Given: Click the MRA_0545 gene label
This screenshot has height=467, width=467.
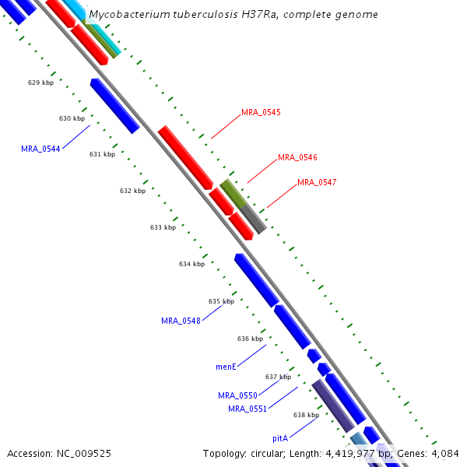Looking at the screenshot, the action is point(261,112).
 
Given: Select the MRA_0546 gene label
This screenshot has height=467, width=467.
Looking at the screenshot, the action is point(297,157).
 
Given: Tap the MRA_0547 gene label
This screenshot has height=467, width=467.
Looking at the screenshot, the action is point(317,182).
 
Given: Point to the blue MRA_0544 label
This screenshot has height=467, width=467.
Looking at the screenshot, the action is point(40,149).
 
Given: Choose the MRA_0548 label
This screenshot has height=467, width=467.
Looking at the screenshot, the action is point(181,321).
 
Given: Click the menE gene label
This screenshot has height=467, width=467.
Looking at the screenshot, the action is point(226,366).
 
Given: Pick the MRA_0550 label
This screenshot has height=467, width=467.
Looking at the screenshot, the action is point(237,395).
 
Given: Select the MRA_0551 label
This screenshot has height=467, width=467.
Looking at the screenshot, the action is point(248,409).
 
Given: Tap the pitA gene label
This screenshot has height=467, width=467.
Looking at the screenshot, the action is point(280,439).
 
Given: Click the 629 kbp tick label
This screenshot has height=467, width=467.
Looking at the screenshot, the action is point(40,83).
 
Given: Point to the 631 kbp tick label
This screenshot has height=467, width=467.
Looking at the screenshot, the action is point(102,154).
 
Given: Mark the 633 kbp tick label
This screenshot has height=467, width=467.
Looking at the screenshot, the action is point(163,227).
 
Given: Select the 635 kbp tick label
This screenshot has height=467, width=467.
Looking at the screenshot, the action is point(221,301).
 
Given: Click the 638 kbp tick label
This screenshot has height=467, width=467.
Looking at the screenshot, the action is point(306,415).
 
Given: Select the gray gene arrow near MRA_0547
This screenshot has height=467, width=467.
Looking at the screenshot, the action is point(253,219).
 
